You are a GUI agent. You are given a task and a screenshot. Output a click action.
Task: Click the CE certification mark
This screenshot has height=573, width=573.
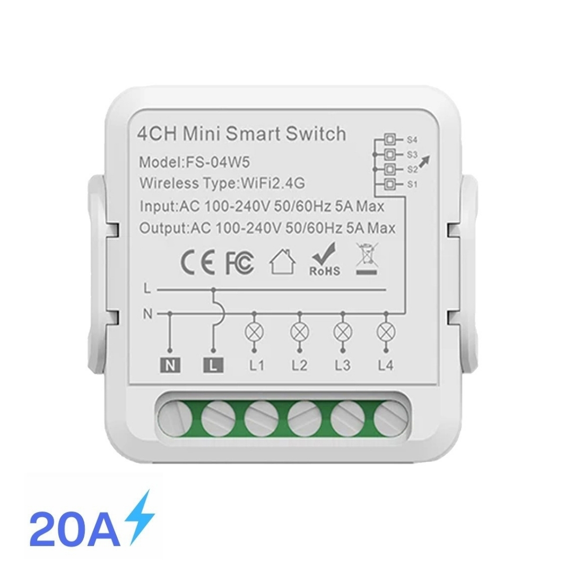point(198,263)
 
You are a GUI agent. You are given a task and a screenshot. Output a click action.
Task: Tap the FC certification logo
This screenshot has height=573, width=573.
point(240,263)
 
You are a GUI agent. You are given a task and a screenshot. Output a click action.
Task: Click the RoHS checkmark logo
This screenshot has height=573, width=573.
point(325,259)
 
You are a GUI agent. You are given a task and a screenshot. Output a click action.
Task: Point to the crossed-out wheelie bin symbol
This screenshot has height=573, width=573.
point(367,259)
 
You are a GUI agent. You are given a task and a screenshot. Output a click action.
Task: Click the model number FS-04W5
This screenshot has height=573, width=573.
point(218,162)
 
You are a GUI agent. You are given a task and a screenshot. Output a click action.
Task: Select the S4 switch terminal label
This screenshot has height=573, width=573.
point(412,140)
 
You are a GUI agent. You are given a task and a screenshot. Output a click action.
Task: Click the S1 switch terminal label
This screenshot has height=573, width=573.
point(412,185)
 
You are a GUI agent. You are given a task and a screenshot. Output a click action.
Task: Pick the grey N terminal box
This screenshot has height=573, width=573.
point(170,365)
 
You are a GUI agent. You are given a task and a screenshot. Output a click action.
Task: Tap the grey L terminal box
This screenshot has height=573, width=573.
point(213,365)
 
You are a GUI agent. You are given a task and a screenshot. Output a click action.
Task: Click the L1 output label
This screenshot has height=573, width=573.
point(257,365)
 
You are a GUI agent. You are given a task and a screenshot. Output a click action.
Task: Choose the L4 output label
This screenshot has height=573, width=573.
point(386,365)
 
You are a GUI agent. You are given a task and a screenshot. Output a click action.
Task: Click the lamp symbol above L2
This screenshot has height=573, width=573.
point(299,332)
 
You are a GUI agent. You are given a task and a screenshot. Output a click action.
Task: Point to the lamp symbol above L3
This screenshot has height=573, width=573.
point(343,332)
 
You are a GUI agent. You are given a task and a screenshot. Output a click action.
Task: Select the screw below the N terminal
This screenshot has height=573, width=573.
point(175,418)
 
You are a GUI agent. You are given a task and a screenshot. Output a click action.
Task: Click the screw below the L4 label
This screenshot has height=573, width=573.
point(391,418)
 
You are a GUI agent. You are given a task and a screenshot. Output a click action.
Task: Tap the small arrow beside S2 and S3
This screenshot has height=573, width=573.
point(424,162)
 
